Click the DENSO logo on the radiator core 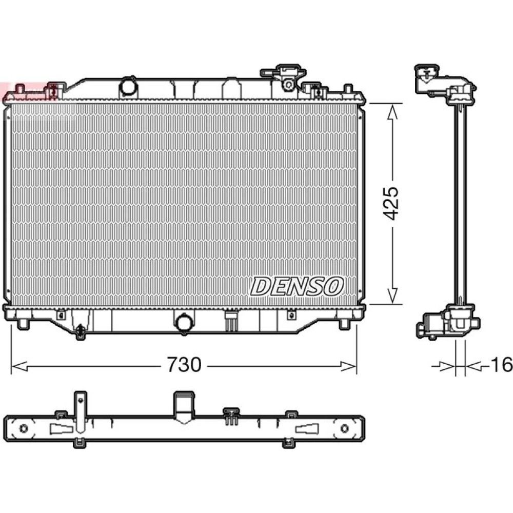pos(297,286)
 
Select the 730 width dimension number pos(184,364)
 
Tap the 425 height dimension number pos(391,203)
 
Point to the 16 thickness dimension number pos(502,364)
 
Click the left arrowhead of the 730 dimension pos(19,366)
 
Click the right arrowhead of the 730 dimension pos(349,366)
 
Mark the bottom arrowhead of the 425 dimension pos(392,296)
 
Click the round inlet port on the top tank pos(128,87)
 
